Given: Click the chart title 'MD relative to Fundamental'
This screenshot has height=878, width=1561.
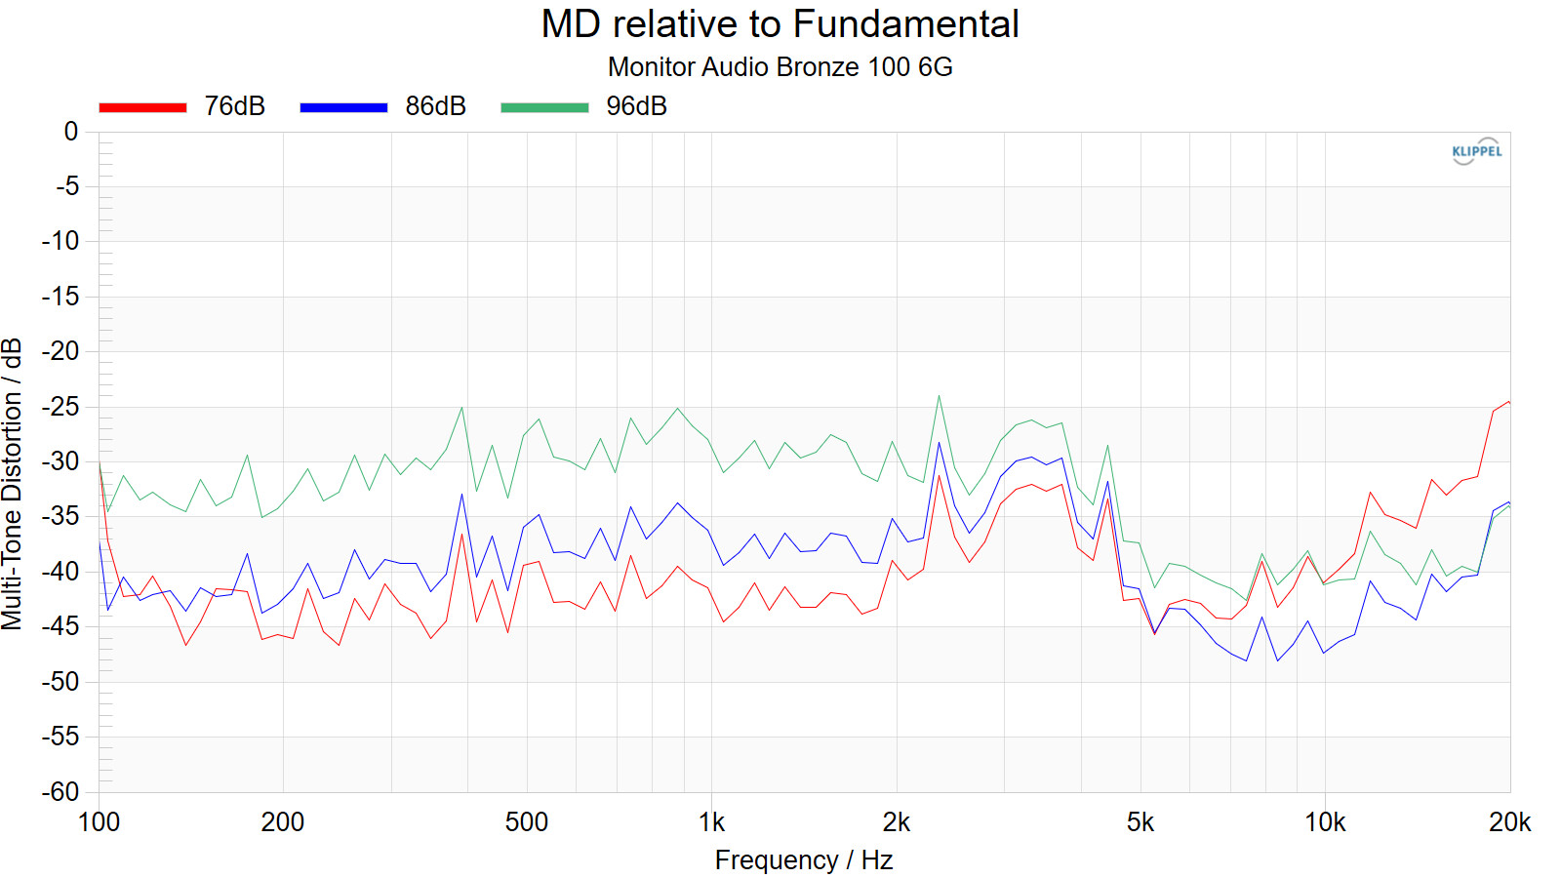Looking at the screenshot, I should [780, 24].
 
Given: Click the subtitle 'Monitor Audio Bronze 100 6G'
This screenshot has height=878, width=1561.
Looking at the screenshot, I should [780, 67].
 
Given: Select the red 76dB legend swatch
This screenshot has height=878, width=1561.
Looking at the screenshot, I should [142, 107].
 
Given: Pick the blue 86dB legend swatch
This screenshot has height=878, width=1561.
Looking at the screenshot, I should [343, 107].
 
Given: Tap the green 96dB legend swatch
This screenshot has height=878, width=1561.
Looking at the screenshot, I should [544, 107].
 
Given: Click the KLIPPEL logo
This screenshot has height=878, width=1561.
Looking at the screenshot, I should [1476, 151].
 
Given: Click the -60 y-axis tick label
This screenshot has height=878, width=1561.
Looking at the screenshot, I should [60, 791].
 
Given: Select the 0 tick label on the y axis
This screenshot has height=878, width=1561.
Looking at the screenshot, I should [70, 132].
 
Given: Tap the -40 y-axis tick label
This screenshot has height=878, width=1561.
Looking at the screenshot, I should [60, 571].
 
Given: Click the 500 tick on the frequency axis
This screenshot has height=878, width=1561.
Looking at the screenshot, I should [526, 822].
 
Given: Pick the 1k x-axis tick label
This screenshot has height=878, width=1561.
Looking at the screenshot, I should [711, 822].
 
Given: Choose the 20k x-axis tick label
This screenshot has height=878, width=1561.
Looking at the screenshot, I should [1508, 822].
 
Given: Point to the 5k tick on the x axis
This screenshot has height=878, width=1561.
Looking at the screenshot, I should [1140, 822].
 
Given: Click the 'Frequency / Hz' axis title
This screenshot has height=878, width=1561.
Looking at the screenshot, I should [803, 860].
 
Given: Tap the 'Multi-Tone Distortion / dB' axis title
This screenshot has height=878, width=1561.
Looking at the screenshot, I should [13, 484].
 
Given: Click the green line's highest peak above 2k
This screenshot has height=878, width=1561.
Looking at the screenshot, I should [939, 396].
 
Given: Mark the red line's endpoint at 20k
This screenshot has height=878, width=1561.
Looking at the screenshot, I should [1508, 402].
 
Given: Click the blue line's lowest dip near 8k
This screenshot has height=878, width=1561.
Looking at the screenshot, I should [1277, 661].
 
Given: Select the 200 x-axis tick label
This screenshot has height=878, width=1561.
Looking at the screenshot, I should [282, 822].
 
